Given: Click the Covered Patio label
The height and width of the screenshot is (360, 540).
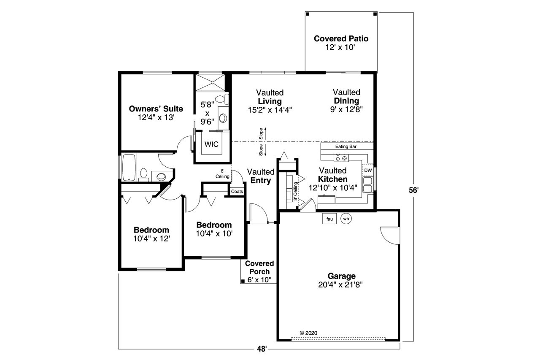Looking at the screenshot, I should pos(341,39).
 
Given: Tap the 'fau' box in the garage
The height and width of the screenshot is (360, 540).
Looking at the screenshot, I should pos(329,219).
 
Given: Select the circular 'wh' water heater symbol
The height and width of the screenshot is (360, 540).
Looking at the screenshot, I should pos(346,219).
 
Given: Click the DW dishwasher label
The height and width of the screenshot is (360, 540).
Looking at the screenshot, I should pos(368,170).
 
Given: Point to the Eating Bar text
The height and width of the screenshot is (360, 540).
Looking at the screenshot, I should pos(346,146).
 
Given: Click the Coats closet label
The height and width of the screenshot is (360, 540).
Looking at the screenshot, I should pos(237,191).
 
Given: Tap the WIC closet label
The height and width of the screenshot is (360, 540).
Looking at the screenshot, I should pos(211,144).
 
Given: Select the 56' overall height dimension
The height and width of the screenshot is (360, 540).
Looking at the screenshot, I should pos(413,190).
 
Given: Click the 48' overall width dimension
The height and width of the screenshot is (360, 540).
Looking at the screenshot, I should pos(262,349).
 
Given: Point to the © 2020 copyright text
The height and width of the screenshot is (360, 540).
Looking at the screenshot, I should pos(308,333).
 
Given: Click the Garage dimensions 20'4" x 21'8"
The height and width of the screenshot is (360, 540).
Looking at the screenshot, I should pos(340,285).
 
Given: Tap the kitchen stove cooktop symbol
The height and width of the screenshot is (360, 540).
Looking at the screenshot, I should pos(341,158).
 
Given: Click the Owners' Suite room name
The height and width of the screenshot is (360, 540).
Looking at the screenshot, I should pos(156,109).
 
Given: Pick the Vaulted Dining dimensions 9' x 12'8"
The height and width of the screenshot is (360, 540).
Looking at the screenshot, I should pos(346,109).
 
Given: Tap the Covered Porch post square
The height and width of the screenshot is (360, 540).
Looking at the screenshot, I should pos(243,281).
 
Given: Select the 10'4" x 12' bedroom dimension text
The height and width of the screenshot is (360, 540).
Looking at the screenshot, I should pos(151,238).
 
